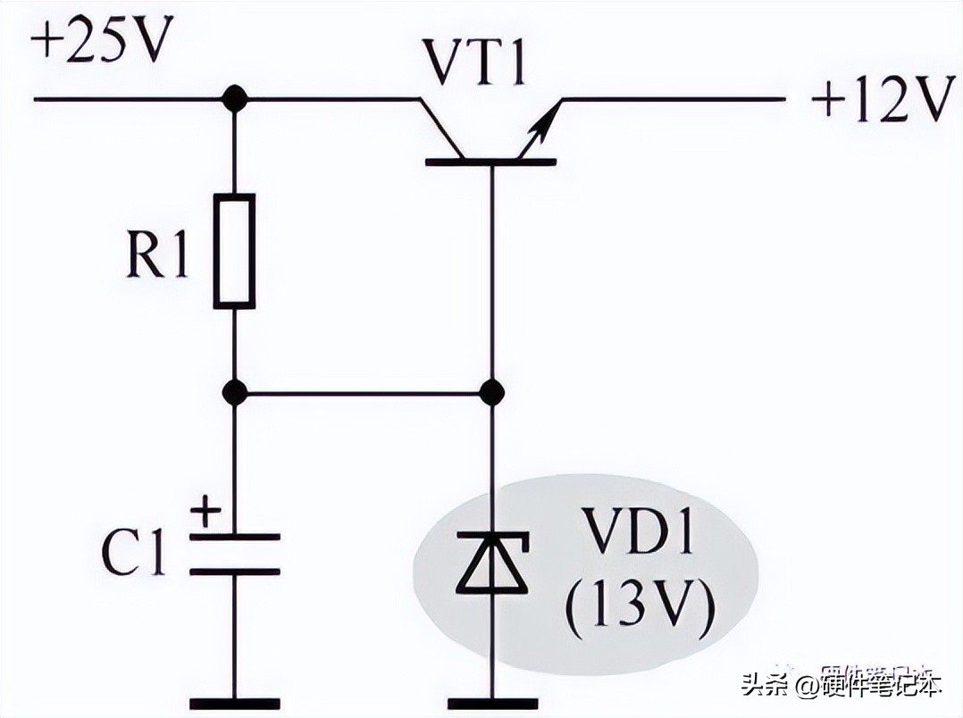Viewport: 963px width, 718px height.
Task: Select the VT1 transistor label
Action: [474, 63]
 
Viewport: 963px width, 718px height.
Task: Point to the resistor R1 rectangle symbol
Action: [234, 251]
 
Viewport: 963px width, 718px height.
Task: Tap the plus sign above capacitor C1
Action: [206, 513]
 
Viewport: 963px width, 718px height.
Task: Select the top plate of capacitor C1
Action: [234, 537]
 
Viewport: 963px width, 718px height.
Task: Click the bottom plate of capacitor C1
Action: [234, 571]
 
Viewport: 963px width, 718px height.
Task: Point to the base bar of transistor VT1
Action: [490, 162]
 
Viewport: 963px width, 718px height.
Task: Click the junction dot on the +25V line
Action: [234, 98]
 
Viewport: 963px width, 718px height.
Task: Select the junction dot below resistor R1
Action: [234, 391]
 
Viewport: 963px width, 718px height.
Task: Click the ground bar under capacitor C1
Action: [234, 702]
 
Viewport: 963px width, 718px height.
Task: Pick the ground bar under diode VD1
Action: [490, 702]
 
